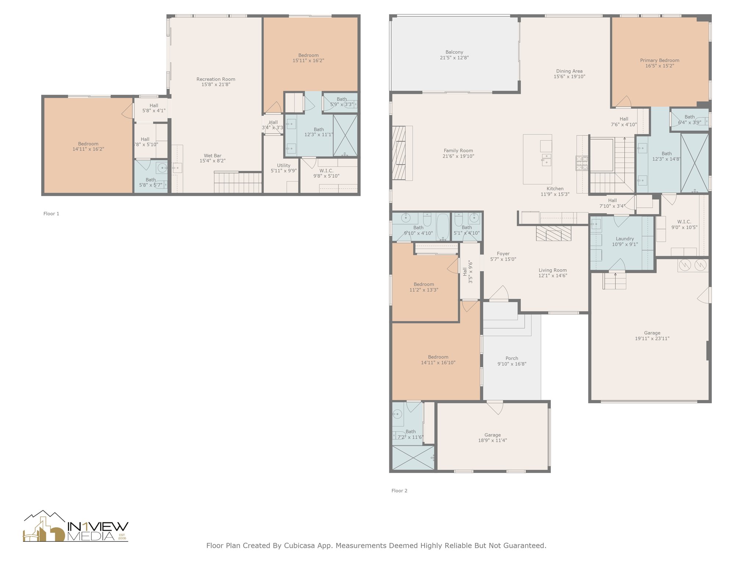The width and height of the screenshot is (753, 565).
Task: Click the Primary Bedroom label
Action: coord(660,61)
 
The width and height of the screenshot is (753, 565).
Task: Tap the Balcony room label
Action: coord(454,52)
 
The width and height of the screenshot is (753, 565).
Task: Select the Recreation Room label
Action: coord(216,79)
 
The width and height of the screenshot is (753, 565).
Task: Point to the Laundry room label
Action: coord(625,239)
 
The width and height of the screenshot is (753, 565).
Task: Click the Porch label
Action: coord(512,358)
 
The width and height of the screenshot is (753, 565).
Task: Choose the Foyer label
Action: coord(503,254)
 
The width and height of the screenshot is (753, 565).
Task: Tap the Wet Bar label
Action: coord(213,156)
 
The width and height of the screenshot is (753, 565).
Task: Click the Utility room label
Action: coord(283,166)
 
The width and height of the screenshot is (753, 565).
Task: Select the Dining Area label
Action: coord(569,71)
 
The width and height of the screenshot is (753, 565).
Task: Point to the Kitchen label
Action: coord(555,189)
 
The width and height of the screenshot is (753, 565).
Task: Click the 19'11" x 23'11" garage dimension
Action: coord(652,338)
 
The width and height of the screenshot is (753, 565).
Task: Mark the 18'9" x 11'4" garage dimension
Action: coord(492,440)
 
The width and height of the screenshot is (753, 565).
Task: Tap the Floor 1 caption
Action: coord(51,214)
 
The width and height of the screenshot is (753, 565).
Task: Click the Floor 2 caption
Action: coord(399,491)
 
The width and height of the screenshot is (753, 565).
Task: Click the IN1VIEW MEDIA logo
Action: coord(76,526)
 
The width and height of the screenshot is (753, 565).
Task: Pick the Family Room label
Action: coord(458,150)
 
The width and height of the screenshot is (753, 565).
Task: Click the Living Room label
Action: coord(553,270)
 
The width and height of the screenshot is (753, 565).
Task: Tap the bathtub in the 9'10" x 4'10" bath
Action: coord(443,227)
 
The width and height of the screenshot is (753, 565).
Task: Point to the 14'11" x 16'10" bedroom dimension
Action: coord(438,363)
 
